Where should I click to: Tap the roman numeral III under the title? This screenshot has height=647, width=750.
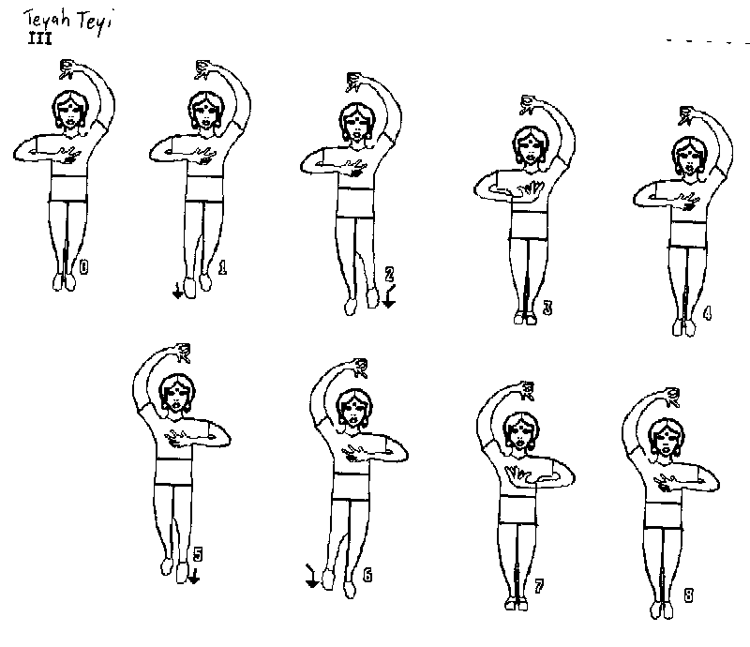(39, 38)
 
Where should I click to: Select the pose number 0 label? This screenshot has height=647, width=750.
(83, 267)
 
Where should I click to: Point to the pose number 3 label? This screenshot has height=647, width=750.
(547, 308)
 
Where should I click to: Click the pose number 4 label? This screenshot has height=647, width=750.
(707, 313)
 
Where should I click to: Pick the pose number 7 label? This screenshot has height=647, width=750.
(538, 586)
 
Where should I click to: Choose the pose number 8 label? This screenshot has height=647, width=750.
(688, 595)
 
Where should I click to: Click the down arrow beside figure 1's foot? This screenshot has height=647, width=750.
(177, 291)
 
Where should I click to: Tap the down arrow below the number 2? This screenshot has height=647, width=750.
(390, 296)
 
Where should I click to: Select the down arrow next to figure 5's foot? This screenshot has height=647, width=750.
(194, 576)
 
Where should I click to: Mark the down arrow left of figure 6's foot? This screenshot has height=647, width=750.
(311, 576)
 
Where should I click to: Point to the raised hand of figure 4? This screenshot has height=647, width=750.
(686, 115)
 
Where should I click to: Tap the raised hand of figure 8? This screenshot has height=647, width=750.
(670, 398)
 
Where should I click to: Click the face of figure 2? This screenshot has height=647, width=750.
(355, 123)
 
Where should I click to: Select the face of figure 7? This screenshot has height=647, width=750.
(520, 433)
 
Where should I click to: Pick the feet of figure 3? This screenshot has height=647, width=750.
(524, 318)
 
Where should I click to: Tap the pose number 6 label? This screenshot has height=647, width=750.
(367, 575)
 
